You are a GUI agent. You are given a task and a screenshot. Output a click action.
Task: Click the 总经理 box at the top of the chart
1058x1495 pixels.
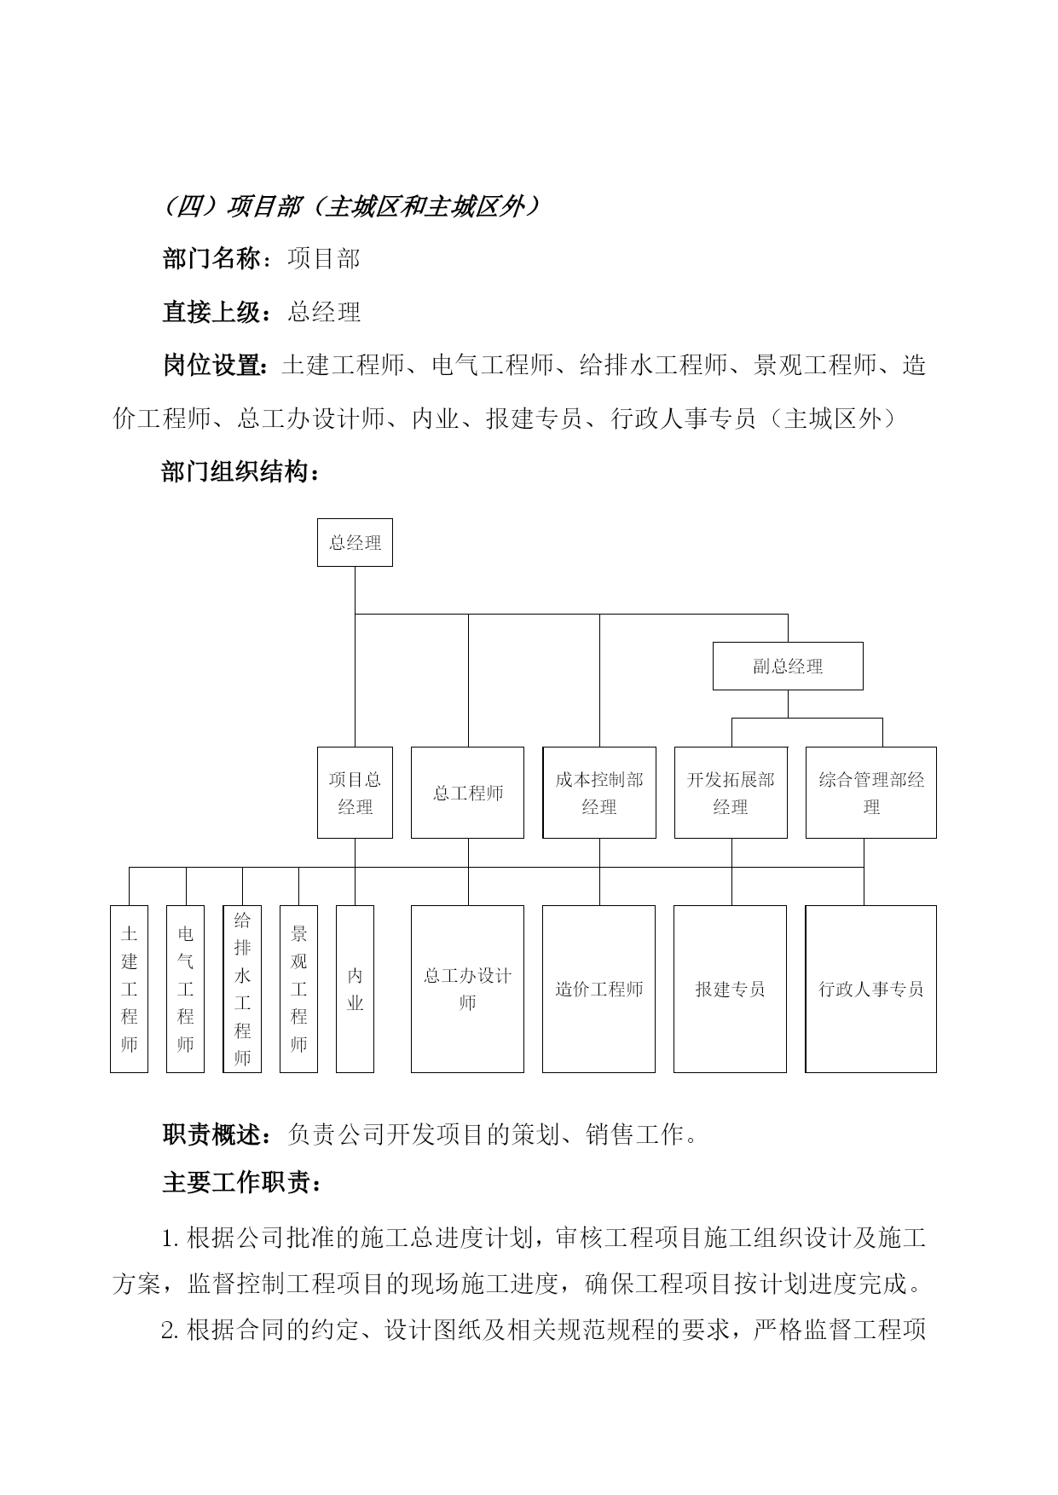click(355, 542)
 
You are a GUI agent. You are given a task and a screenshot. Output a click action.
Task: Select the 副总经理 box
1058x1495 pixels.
click(788, 666)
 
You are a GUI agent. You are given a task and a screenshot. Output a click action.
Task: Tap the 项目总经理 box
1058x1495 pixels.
click(355, 793)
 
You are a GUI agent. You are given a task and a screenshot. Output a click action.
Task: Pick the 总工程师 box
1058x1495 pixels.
click(467, 793)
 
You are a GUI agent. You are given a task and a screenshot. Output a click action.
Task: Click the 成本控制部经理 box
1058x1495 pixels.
click(599, 793)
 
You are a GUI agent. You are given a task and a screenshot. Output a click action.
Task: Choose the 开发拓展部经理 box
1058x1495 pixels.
click(731, 793)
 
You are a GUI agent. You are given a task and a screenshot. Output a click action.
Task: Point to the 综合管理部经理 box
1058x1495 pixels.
click(871, 793)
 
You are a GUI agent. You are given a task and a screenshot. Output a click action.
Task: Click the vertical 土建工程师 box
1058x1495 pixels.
click(129, 989)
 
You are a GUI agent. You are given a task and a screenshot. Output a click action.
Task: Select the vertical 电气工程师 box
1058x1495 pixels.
click(185, 989)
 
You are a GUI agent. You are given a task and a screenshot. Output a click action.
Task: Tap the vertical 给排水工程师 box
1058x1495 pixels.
click(242, 989)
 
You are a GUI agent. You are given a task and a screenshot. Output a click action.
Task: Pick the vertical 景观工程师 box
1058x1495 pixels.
click(298, 989)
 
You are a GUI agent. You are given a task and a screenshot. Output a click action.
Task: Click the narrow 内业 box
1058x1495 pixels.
click(355, 989)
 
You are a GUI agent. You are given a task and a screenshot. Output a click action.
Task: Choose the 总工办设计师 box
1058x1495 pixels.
click(467, 989)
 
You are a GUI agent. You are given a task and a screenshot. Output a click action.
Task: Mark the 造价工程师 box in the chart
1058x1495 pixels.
click(599, 989)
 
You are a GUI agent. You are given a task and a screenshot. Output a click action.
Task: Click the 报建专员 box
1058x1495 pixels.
click(731, 989)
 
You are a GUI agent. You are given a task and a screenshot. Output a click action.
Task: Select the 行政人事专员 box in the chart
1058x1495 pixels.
click(871, 989)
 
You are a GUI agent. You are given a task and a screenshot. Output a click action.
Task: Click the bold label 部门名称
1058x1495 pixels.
click(211, 258)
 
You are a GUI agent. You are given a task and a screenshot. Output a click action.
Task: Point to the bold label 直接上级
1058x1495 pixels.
click(211, 312)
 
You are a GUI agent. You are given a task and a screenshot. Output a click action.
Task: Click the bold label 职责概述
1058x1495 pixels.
click(211, 1134)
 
